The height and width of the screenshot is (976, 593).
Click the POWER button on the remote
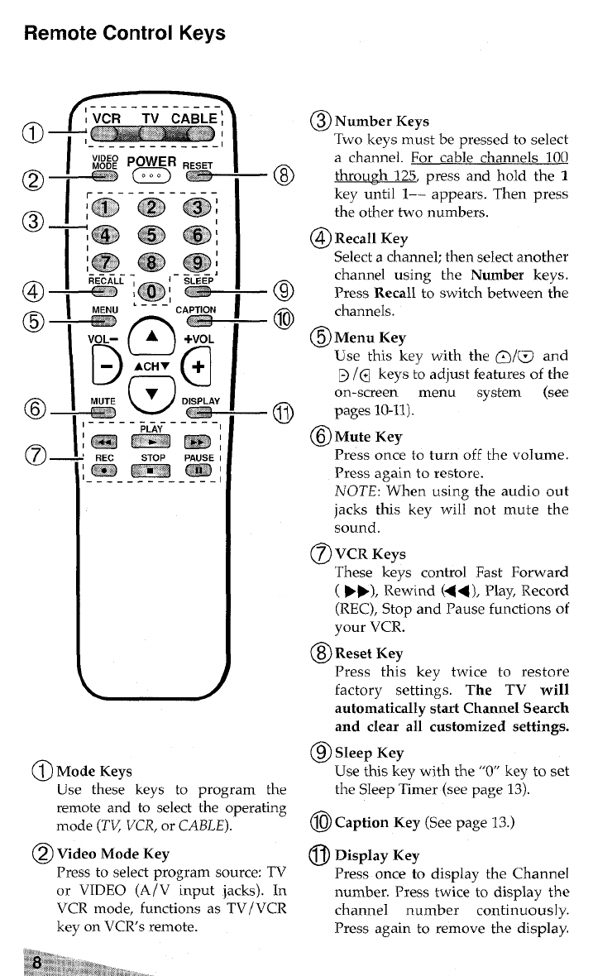tap(155, 176)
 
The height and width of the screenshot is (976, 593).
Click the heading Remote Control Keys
tap(125, 34)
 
